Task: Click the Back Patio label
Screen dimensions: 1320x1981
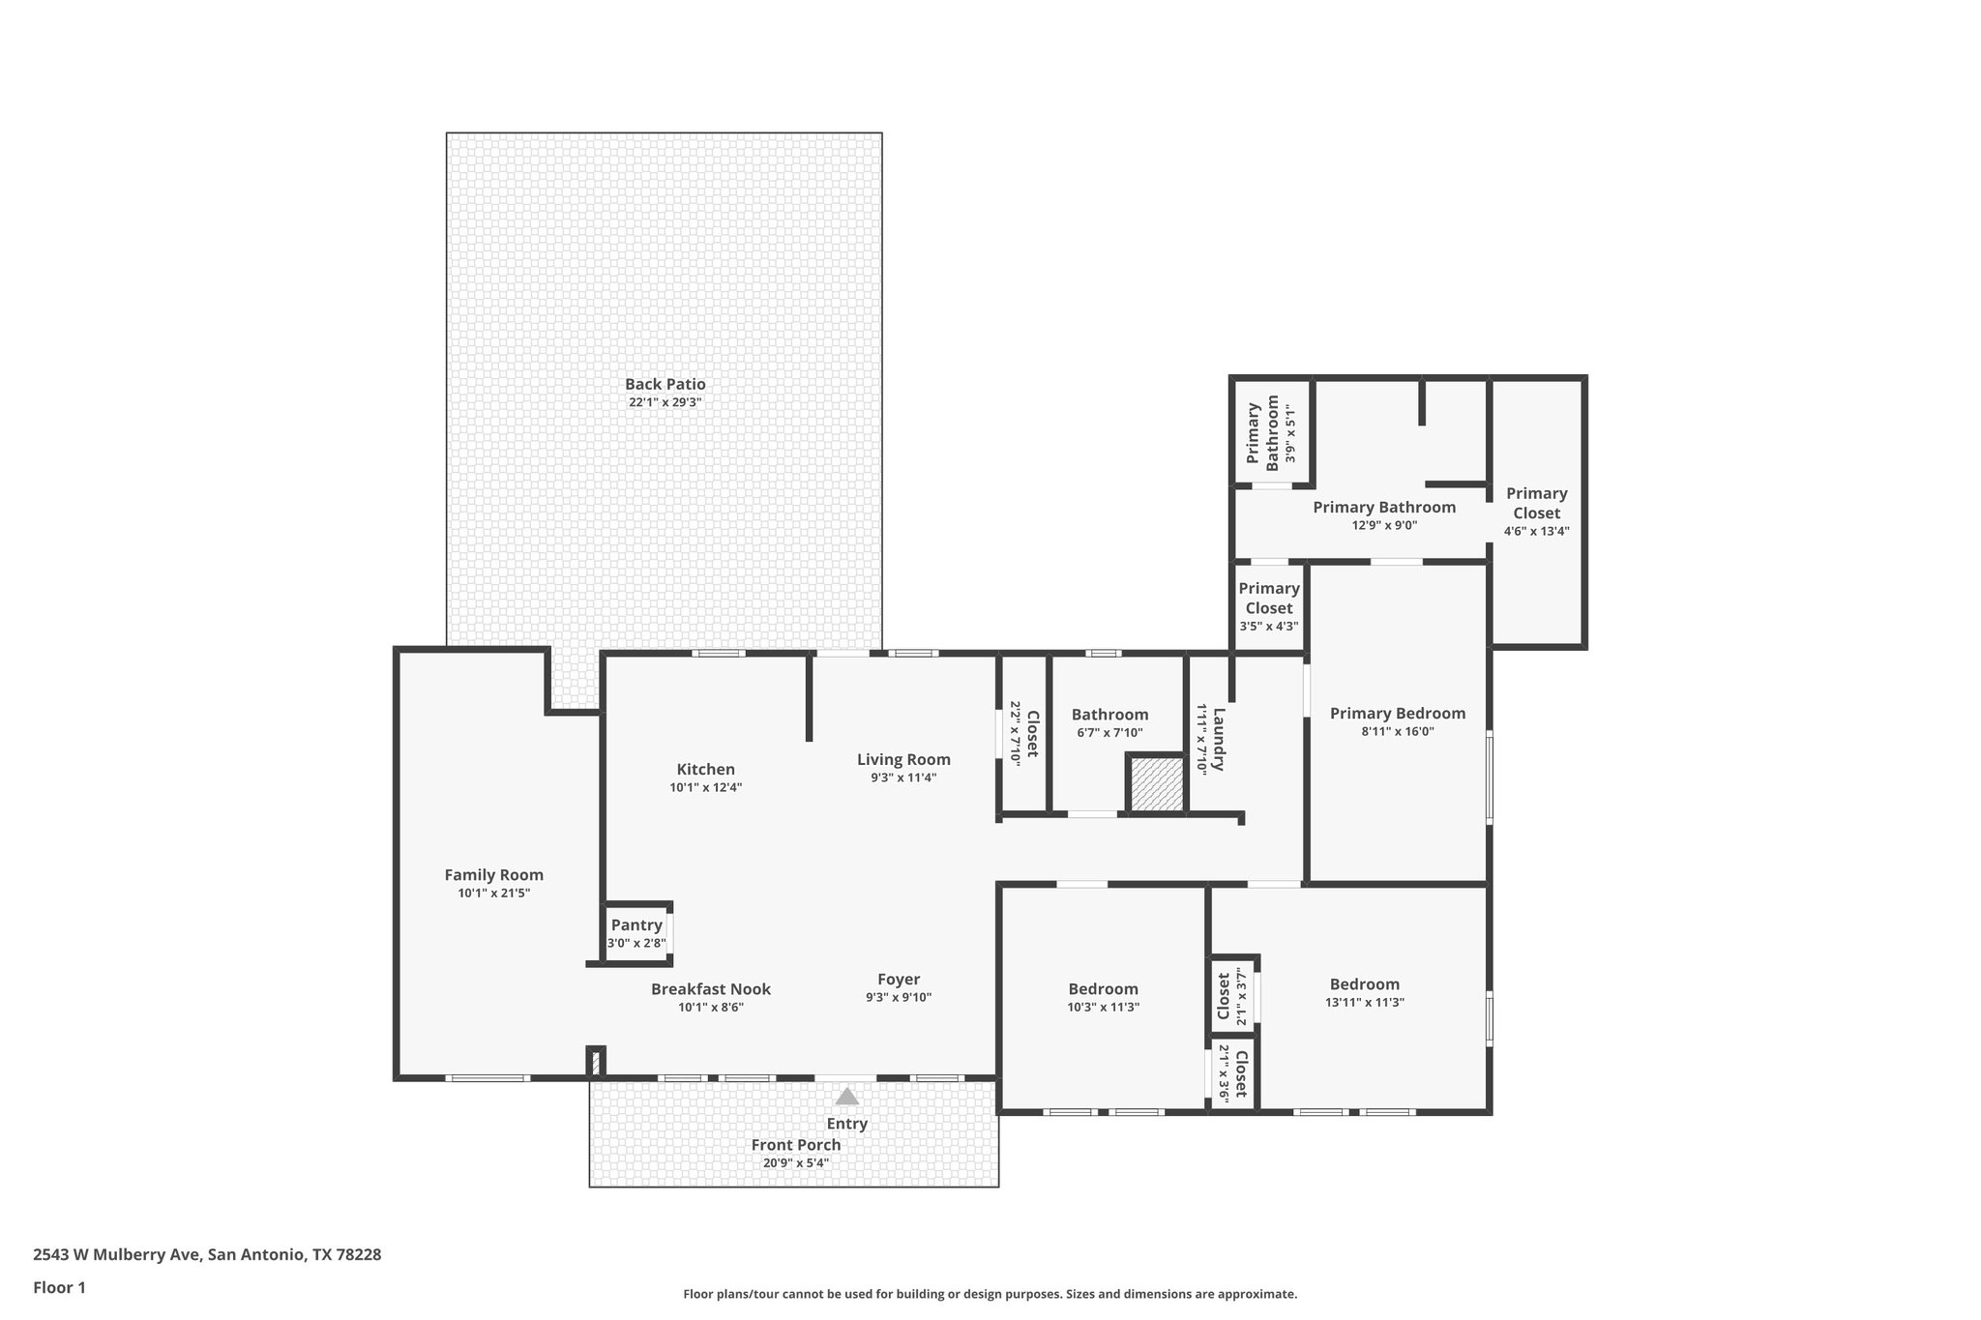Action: pos(665,384)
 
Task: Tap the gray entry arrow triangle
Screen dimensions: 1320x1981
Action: pos(846,1096)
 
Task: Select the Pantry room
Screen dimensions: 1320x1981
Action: pos(636,933)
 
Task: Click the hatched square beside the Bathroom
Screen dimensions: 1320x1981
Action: pos(1157,784)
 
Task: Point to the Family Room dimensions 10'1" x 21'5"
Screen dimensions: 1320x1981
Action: pos(493,894)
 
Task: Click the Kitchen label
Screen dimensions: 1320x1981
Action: pos(705,770)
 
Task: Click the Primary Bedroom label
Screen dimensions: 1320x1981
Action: pos(1397,714)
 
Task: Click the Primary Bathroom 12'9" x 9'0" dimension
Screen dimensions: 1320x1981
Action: pos(1383,526)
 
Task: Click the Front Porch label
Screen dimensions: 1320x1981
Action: pos(795,1145)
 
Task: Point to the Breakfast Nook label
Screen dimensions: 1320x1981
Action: pos(710,989)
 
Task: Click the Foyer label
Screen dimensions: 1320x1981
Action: pos(898,980)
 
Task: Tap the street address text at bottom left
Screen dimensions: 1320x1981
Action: pos(207,1254)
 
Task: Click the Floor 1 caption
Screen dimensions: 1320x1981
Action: pos(59,1287)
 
